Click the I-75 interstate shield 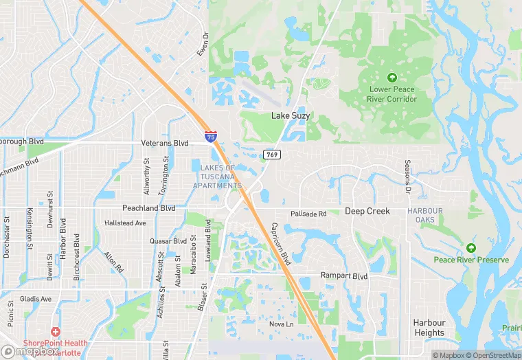[x=210, y=137]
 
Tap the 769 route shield [x=271, y=155]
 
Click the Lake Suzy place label [x=290, y=116]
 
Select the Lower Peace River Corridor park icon [x=392, y=77]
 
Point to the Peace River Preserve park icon [x=470, y=247]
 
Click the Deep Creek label [x=367, y=212]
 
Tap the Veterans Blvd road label [x=164, y=143]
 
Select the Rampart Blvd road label [x=344, y=275]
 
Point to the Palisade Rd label [x=308, y=214]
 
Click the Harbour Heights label [x=429, y=328]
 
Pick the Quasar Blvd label [x=168, y=241]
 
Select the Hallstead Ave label [x=125, y=223]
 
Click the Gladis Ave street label [x=36, y=299]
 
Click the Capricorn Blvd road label [x=281, y=244]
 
